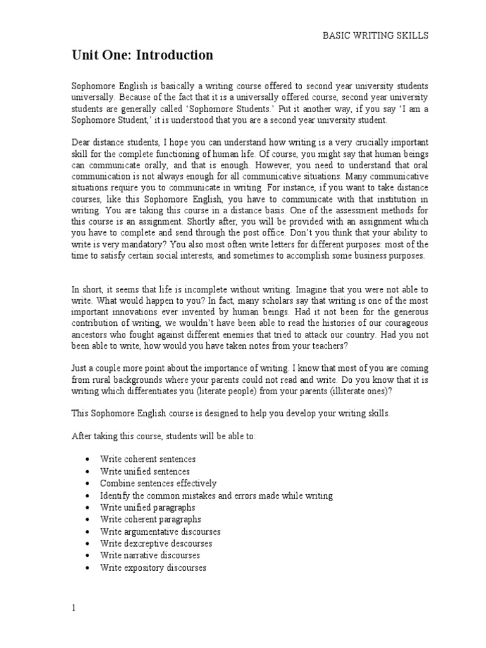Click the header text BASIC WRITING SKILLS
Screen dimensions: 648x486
[375, 36]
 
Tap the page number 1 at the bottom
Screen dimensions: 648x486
[73, 607]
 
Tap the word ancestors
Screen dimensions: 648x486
[89, 336]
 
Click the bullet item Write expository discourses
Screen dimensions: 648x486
[153, 568]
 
